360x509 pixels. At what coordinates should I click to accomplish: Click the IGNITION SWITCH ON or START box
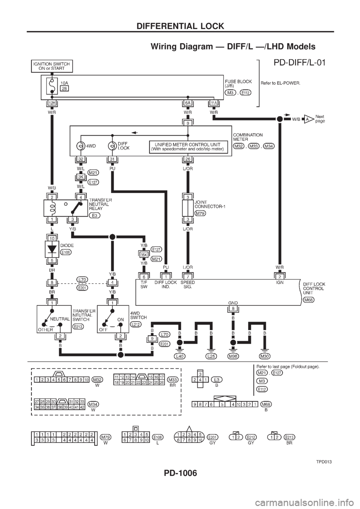[x=51, y=66]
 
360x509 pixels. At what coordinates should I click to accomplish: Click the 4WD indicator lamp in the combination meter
[x=80, y=145]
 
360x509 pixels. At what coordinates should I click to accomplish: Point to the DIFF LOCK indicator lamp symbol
[x=111, y=145]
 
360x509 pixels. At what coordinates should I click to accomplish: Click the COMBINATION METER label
[x=243, y=137]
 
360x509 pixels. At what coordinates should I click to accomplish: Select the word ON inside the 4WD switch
[x=120, y=319]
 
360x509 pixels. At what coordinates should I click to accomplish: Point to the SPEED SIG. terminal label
[x=187, y=286]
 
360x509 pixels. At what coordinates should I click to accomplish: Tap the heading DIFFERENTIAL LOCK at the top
[x=180, y=26]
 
